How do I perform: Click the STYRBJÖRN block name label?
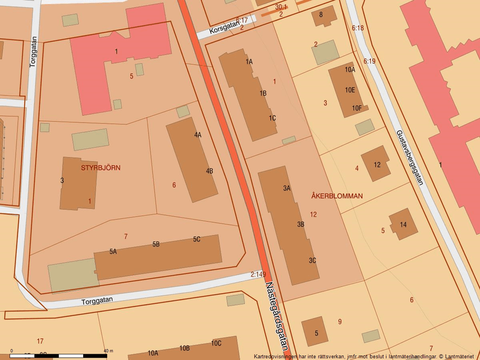(101, 167)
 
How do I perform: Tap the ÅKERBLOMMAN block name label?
(336, 196)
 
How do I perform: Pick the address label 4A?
(198, 135)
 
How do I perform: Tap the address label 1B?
(263, 93)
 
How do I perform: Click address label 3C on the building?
(312, 261)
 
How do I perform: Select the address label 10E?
(349, 90)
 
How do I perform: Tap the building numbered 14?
(403, 224)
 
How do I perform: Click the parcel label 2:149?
(258, 275)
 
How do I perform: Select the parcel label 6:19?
(369, 61)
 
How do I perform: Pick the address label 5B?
(156, 244)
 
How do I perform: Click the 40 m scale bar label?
(108, 351)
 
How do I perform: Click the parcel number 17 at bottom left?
(40, 341)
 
